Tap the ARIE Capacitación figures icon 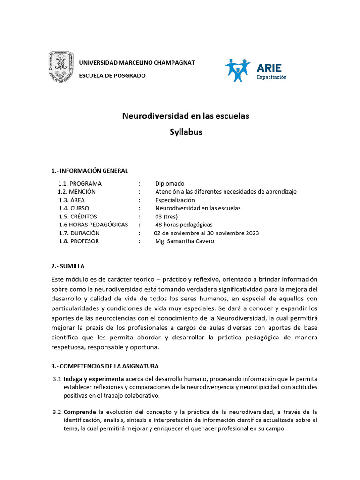[x=238, y=70]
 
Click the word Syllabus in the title [x=186, y=132]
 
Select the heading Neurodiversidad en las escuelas [x=186, y=116]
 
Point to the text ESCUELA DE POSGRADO [x=112, y=75]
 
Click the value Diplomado [x=170, y=183]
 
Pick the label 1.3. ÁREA [x=72, y=200]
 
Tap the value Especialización [x=175, y=200]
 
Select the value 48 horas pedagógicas [x=184, y=225]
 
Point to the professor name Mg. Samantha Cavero [x=184, y=241]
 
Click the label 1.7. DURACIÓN [x=79, y=233]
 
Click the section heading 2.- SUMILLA [x=68, y=266]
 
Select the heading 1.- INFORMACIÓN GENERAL [x=90, y=170]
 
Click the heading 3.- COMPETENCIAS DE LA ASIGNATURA [x=105, y=366]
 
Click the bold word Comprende [x=80, y=412]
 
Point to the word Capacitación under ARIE [x=271, y=77]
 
